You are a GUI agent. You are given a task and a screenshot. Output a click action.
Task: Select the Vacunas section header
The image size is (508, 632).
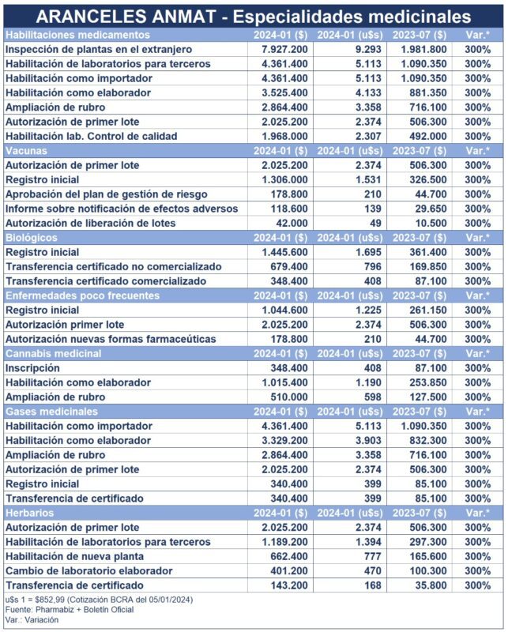[27, 150]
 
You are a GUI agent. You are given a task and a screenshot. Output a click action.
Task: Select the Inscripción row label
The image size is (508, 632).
[32, 368]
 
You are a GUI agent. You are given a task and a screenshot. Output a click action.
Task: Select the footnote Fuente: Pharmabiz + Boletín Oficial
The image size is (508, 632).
[69, 609]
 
